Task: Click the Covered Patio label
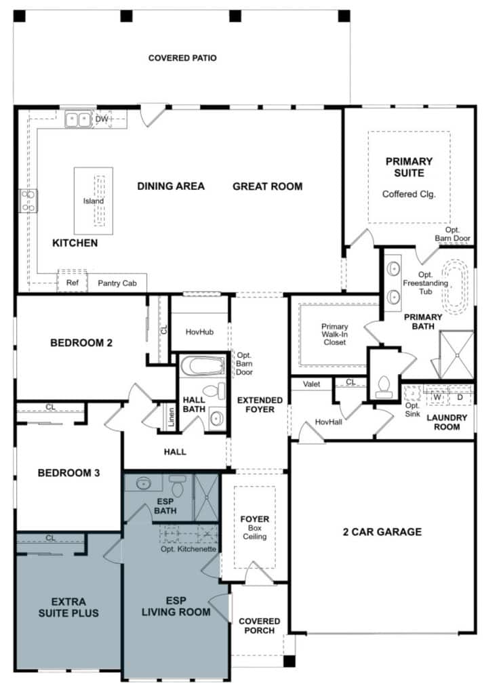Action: pyautogui.click(x=182, y=58)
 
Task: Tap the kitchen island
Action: pyautogui.click(x=94, y=200)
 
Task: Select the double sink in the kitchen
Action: pyautogui.click(x=78, y=120)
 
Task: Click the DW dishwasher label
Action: pyautogui.click(x=101, y=119)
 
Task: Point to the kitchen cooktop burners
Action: pyautogui.click(x=28, y=201)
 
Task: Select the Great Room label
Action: pyautogui.click(x=267, y=186)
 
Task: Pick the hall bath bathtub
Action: pyautogui.click(x=203, y=367)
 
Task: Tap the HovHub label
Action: pyautogui.click(x=199, y=331)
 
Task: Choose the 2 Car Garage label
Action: pyautogui.click(x=382, y=532)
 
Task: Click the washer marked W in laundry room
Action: pyautogui.click(x=437, y=397)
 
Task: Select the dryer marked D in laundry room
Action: pyautogui.click(x=460, y=397)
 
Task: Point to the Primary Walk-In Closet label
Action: pyautogui.click(x=334, y=334)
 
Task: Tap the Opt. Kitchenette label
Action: pyautogui.click(x=188, y=549)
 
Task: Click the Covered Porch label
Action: pyautogui.click(x=259, y=626)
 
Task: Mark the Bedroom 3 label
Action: pyautogui.click(x=68, y=473)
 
